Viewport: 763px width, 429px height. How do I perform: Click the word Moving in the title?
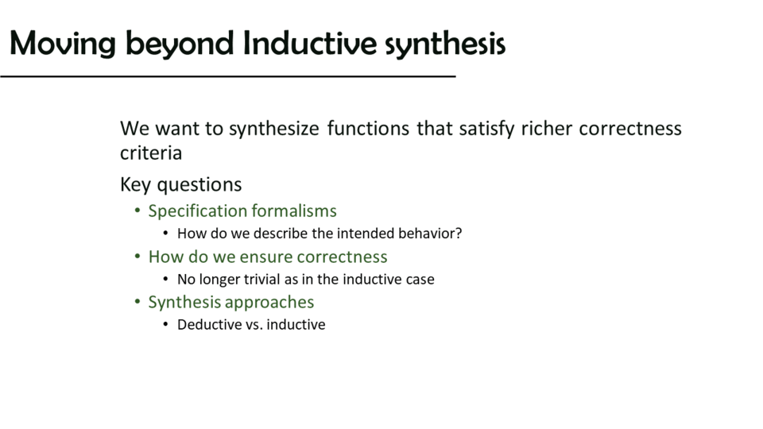point(63,43)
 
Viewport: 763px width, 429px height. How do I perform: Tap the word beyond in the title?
point(180,43)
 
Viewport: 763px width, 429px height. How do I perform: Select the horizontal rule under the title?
point(228,76)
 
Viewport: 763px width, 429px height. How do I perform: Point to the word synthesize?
point(274,129)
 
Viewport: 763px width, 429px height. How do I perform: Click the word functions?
point(368,129)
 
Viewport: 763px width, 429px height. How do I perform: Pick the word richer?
point(547,129)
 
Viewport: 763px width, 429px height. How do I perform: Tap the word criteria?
point(151,153)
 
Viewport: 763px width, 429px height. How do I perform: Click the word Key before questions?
point(135,185)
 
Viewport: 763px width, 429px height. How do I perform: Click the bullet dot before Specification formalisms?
point(137,211)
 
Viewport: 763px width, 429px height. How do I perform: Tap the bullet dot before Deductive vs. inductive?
point(165,324)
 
